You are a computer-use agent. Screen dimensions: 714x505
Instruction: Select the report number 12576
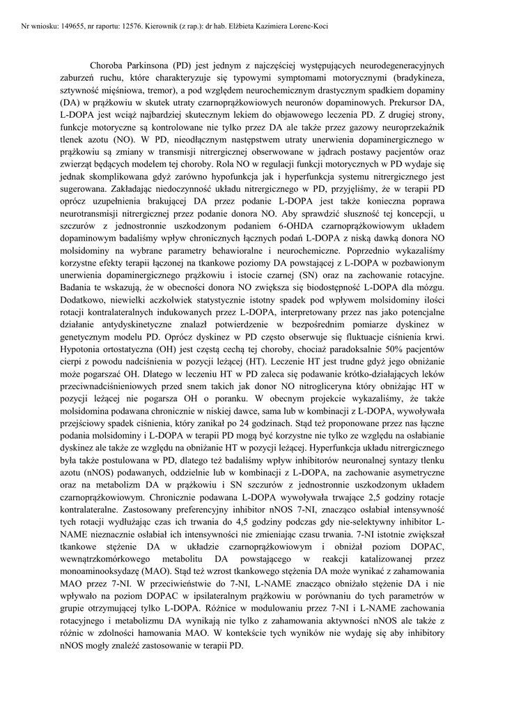coord(139,26)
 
